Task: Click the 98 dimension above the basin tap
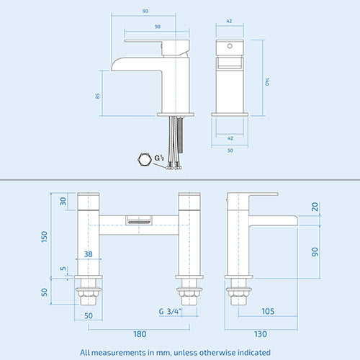[157, 27]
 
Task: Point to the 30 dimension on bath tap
[63, 201]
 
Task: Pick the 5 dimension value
[63, 271]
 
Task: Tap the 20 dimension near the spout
[314, 206]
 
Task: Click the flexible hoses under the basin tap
[174, 144]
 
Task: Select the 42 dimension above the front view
[230, 22]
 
